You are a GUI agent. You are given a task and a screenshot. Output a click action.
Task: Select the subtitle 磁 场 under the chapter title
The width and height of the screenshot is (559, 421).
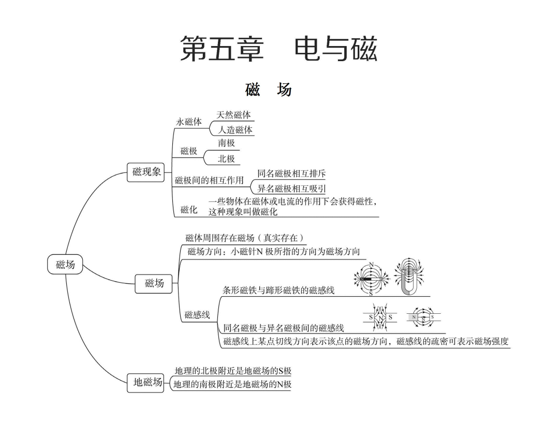pos(268,90)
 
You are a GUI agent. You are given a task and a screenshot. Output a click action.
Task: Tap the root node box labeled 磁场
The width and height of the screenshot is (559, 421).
pos(65,265)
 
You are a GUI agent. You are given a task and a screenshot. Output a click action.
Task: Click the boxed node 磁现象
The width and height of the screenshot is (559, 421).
pos(146,172)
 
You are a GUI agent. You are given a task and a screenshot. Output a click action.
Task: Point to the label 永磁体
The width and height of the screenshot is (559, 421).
pos(189,122)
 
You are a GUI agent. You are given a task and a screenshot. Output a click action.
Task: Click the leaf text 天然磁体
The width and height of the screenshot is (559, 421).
pos(233,115)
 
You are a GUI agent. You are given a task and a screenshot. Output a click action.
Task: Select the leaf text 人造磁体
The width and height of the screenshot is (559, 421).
pos(235,130)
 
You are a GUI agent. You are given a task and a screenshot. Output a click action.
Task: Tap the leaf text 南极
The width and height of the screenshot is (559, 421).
pos(226,143)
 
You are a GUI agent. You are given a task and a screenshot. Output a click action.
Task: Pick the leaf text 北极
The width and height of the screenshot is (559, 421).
pos(226,159)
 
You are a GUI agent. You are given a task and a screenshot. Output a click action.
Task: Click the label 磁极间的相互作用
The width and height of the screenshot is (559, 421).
pos(209,180)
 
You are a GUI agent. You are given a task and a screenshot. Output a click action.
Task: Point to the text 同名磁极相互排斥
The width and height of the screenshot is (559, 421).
pos(291,173)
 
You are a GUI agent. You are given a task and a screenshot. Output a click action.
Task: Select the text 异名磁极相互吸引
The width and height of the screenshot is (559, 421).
pos(291,189)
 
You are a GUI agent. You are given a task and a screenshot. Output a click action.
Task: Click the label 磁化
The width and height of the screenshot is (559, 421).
pos(189,210)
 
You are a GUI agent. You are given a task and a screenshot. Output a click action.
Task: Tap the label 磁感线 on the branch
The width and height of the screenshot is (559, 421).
pos(197,314)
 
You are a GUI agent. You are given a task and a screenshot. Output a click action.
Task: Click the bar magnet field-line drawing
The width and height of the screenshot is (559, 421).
pos(371,279)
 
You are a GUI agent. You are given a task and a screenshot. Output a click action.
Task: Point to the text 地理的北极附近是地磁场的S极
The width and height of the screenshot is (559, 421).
pos(233,371)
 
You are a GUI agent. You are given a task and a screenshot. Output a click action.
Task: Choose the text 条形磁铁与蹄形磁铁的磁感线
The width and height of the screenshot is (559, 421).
pos(278,290)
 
